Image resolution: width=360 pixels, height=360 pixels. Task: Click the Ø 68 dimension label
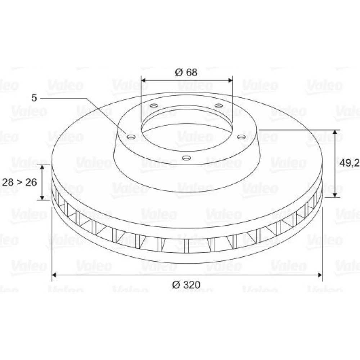186,72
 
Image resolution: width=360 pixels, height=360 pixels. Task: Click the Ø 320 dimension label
186,285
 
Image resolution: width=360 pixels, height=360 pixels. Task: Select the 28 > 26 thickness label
19,182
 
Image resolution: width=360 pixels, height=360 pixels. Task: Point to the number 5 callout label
34,98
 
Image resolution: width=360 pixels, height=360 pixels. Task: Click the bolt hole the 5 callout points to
131,137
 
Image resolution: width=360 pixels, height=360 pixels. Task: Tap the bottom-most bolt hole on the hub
186,158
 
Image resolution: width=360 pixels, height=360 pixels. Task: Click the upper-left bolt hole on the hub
154,106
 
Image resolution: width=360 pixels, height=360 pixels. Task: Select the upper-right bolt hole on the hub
219,106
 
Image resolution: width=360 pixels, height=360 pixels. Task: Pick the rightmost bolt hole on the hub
241,137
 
